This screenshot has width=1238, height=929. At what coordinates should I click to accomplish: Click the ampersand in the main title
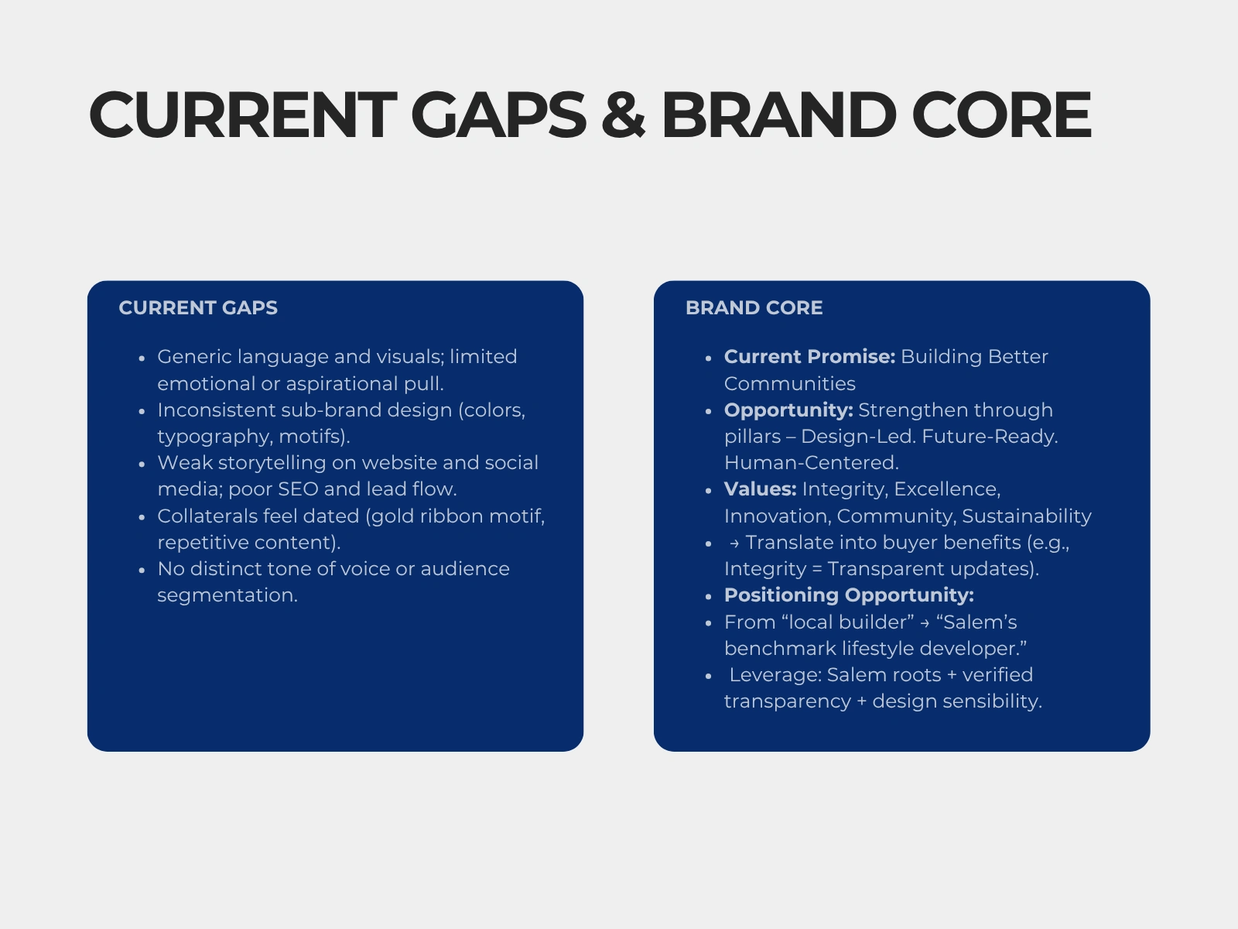pyautogui.click(x=623, y=115)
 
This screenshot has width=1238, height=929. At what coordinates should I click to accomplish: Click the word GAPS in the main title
pyautogui.click(x=498, y=115)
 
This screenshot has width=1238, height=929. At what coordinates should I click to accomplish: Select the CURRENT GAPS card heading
pyautogui.click(x=198, y=308)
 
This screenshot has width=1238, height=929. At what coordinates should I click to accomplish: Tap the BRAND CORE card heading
pyautogui.click(x=754, y=308)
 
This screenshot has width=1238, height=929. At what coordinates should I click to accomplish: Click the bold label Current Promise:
pyautogui.click(x=810, y=356)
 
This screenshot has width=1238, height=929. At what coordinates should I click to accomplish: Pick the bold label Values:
pyautogui.click(x=761, y=489)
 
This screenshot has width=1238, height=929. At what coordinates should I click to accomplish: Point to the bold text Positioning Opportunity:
pyautogui.click(x=849, y=595)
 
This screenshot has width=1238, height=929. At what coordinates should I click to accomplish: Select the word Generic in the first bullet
pyautogui.click(x=194, y=356)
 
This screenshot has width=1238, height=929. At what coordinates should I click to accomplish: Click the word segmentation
pyautogui.click(x=227, y=595)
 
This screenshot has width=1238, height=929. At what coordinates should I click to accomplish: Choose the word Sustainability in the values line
pyautogui.click(x=1027, y=516)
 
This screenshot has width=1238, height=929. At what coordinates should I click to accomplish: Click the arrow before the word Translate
pyautogui.click(x=734, y=543)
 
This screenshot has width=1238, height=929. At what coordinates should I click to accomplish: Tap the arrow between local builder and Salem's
pyautogui.click(x=925, y=623)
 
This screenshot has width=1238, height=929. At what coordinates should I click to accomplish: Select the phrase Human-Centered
pyautogui.click(x=812, y=463)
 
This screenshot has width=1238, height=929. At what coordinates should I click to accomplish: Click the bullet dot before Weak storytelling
pyautogui.click(x=142, y=464)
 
